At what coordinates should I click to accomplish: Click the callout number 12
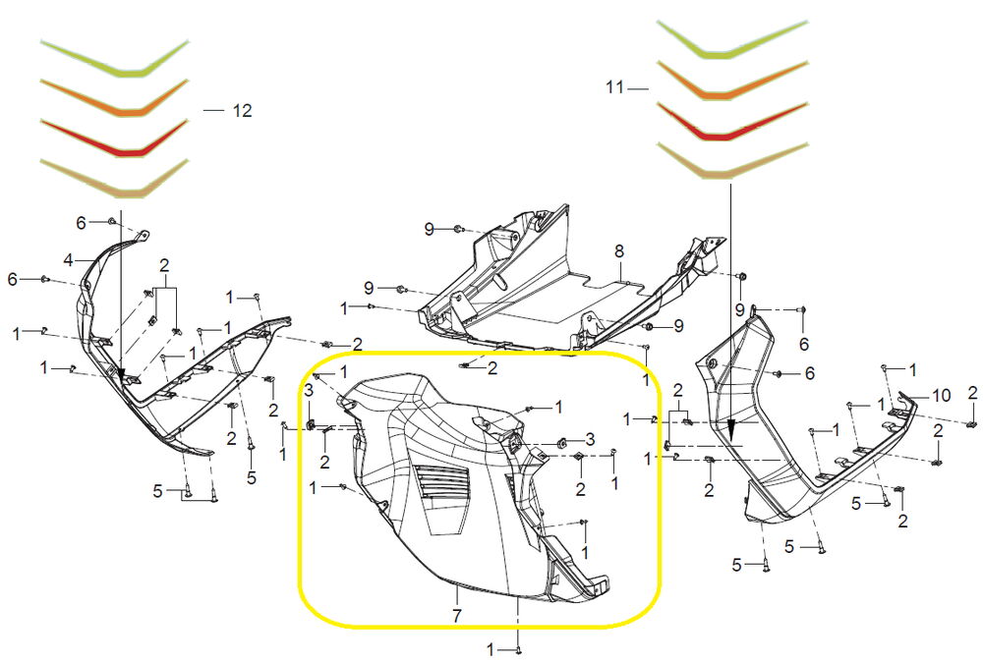pyautogui.click(x=242, y=111)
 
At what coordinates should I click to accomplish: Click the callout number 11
pyautogui.click(x=614, y=87)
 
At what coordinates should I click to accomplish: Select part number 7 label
pyautogui.click(x=457, y=615)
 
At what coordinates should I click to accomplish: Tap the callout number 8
pyautogui.click(x=619, y=251)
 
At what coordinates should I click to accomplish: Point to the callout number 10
pyautogui.click(x=942, y=395)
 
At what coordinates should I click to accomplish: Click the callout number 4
pyautogui.click(x=69, y=259)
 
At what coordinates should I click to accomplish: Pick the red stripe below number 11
pyautogui.click(x=732, y=122)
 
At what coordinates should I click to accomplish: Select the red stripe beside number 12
pyautogui.click(x=115, y=138)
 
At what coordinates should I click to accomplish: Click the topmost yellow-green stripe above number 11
pyautogui.click(x=732, y=40)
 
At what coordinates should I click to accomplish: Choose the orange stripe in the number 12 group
pyautogui.click(x=115, y=97)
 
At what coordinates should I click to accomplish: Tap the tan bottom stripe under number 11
pyautogui.click(x=732, y=162)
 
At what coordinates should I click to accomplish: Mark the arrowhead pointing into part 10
pyautogui.click(x=731, y=429)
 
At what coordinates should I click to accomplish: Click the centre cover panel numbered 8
pyautogui.click(x=570, y=282)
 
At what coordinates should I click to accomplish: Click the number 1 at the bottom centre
pyautogui.click(x=491, y=648)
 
